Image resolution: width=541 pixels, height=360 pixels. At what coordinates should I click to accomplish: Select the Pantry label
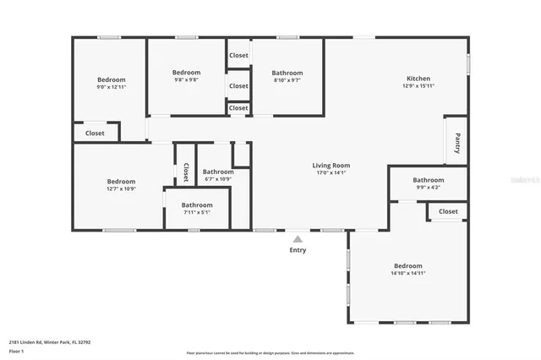click(457, 143)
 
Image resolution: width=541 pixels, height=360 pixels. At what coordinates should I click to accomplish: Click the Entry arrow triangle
click(298, 239)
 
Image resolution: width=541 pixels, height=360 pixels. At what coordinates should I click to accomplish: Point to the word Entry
click(298, 250)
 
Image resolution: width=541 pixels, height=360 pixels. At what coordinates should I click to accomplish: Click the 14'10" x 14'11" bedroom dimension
click(407, 273)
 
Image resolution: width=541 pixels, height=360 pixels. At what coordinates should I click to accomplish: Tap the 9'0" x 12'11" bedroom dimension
click(111, 87)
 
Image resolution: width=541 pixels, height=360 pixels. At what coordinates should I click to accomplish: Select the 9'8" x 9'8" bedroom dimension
click(186, 80)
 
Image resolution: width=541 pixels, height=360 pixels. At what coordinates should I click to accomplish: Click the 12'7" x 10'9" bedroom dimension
click(121, 188)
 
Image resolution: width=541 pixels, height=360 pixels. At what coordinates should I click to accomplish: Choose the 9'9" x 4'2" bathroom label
click(429, 180)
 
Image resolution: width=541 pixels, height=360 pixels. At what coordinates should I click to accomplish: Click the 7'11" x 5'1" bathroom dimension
click(197, 212)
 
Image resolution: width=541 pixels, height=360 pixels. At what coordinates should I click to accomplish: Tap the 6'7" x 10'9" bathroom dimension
click(218, 179)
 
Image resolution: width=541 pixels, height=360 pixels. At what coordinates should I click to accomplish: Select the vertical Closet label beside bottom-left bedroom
click(186, 172)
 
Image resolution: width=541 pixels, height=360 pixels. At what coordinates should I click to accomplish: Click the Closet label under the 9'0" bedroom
click(95, 133)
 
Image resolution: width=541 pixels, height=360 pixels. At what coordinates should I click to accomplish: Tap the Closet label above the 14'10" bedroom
click(448, 211)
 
